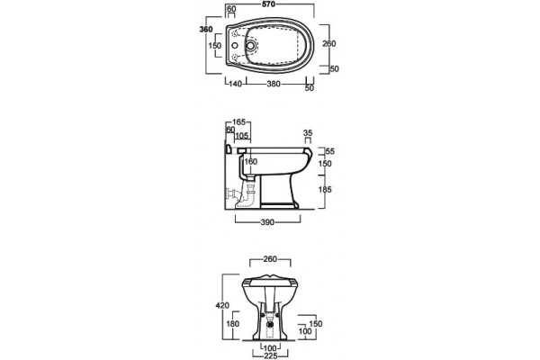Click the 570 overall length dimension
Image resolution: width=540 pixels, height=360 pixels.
[x=268, y=4]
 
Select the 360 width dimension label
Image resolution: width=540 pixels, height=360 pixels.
[x=206, y=30]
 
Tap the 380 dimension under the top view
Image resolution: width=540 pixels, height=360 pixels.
[x=274, y=84]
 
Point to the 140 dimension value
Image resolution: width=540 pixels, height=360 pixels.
[x=236, y=84]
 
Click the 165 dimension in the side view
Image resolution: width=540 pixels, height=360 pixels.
[x=238, y=122]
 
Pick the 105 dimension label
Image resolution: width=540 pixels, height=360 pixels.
[x=242, y=136]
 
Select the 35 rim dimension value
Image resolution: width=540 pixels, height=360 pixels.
[x=308, y=132]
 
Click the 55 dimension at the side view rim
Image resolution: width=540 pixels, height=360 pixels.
[x=330, y=151]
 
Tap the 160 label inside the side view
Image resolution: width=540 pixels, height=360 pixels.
[x=251, y=161]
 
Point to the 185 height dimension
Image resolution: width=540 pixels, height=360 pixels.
[x=324, y=189]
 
